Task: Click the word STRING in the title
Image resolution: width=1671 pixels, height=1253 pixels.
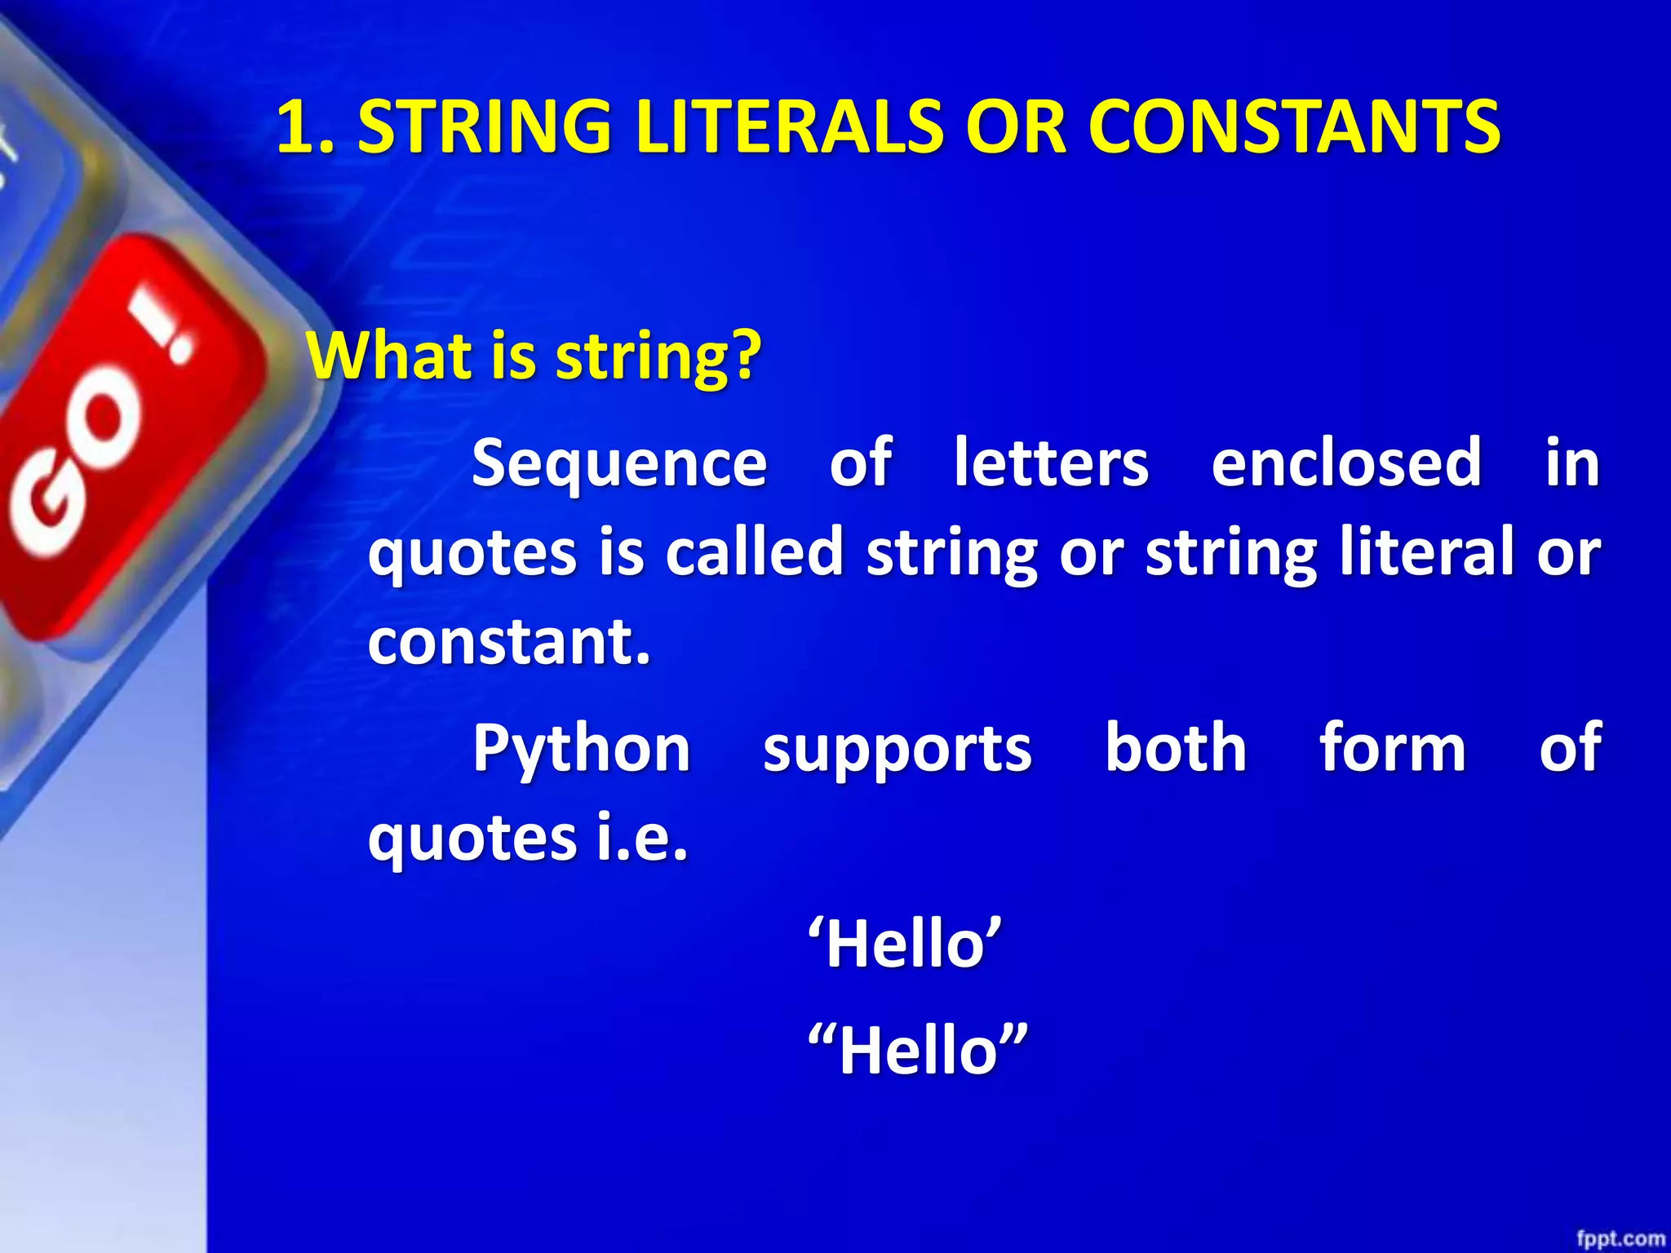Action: (485, 126)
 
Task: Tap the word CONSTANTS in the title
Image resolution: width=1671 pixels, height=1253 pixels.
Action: (1293, 126)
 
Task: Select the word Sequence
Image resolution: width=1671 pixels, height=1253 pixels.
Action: (619, 463)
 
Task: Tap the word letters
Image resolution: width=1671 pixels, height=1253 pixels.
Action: (1051, 463)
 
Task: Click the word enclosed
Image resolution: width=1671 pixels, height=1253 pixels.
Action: (1346, 463)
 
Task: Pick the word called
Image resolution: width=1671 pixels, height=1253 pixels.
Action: (754, 552)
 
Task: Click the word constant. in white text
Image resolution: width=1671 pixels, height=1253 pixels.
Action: (509, 641)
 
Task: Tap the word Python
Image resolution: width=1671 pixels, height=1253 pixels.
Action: (582, 749)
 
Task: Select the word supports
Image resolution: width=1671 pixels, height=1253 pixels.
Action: (897, 749)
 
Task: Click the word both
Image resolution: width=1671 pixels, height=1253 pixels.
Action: (1175, 749)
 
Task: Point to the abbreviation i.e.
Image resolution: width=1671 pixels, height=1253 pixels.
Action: (642, 839)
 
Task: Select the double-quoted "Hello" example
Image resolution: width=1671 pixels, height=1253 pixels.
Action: (917, 1051)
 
